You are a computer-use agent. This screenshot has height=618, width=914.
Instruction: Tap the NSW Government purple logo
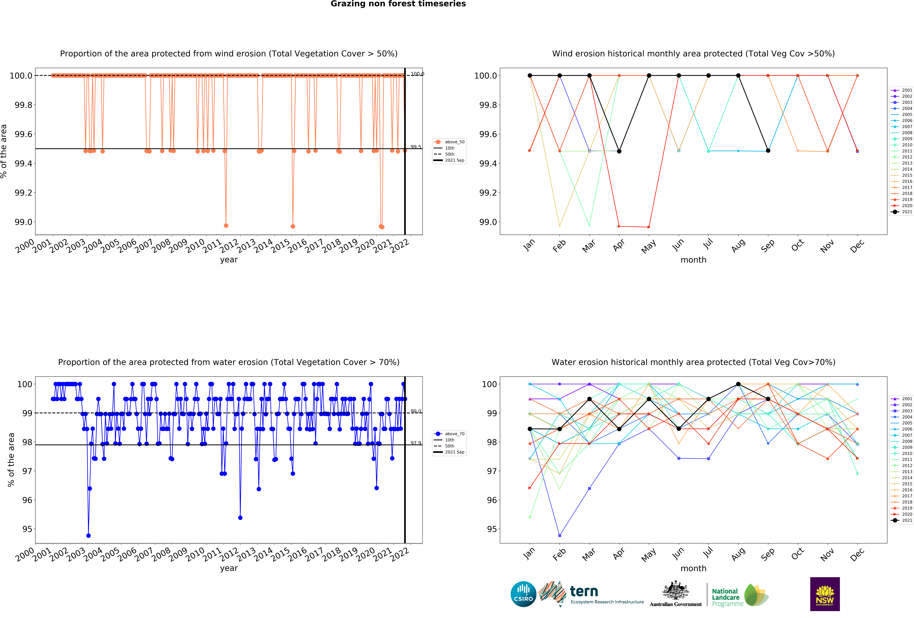825,594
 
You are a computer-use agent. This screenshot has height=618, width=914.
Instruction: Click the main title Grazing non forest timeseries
398,4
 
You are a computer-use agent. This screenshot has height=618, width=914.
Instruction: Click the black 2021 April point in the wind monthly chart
619,151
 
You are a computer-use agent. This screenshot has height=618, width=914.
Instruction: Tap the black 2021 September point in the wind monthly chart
768,151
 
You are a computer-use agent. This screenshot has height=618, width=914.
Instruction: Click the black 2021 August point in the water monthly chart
738,384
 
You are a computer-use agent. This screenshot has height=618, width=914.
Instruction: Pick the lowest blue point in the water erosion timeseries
88,535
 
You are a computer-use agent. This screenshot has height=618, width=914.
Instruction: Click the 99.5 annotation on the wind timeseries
416,147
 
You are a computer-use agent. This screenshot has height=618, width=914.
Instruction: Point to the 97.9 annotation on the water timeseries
416,443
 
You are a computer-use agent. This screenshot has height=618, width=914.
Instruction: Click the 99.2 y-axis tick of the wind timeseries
24,193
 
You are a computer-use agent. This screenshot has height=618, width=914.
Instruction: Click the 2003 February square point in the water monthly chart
560,535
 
